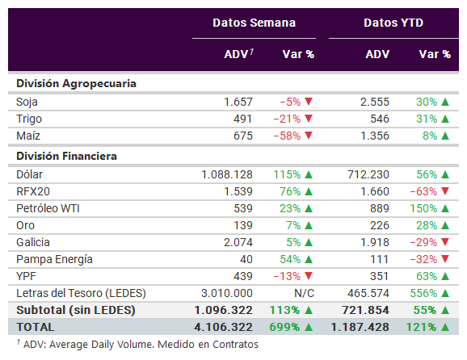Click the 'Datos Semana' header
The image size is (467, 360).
point(254,23)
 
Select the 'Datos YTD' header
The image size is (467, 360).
point(393,23)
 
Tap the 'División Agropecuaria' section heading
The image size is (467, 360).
point(76,84)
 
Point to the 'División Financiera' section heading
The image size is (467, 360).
point(66,157)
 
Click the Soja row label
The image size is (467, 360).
point(27,102)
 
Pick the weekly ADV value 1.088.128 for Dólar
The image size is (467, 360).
point(227,174)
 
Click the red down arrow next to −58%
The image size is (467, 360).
point(309,136)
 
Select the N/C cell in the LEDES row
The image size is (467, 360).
point(304,293)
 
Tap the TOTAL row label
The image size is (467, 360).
point(35,327)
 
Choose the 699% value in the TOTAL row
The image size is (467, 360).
point(284,327)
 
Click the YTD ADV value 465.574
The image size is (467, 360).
point(368,293)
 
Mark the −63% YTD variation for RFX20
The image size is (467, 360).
point(423,191)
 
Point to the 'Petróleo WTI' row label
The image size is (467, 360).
point(48,208)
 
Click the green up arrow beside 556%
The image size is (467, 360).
point(445,293)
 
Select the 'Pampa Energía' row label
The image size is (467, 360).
point(54,259)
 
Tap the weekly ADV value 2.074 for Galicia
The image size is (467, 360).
point(238,242)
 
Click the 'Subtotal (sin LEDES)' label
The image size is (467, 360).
point(76,310)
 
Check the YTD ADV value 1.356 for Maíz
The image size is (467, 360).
point(375,136)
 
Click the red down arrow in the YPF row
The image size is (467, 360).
point(309,276)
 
